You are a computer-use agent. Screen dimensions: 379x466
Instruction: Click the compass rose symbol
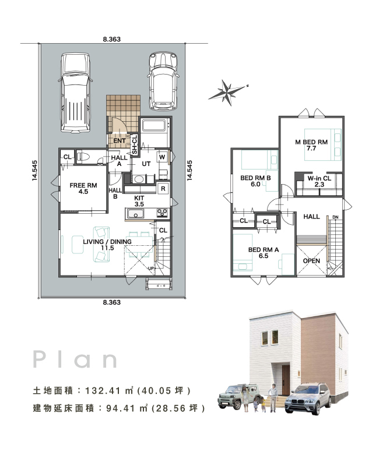[228, 93]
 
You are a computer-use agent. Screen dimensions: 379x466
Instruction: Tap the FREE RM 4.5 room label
[83, 188]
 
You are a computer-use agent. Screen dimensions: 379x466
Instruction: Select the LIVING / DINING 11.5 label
[107, 245]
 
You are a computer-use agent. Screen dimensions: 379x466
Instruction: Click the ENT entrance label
[120, 140]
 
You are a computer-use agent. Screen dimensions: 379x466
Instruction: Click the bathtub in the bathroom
[154, 125]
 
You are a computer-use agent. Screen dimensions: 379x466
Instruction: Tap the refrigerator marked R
[163, 188]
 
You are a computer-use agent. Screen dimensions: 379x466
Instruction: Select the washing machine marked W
[162, 157]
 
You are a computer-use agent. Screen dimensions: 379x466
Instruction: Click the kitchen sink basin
[135, 213]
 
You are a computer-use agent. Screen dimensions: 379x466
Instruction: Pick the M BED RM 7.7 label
[311, 145]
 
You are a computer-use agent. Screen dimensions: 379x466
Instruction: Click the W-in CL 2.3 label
[319, 181]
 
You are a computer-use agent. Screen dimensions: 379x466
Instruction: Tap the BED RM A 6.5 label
[264, 253]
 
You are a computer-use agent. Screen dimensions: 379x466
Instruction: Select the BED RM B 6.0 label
[255, 181]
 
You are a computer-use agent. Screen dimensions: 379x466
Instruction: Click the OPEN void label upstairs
[311, 261]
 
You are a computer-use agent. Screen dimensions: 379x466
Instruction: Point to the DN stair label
[335, 217]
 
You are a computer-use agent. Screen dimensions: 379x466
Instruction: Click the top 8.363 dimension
[112, 39]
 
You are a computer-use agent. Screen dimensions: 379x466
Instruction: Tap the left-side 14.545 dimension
[35, 170]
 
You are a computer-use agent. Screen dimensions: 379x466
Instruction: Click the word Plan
[75, 359]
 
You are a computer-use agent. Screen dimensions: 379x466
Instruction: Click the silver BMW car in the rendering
[308, 398]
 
